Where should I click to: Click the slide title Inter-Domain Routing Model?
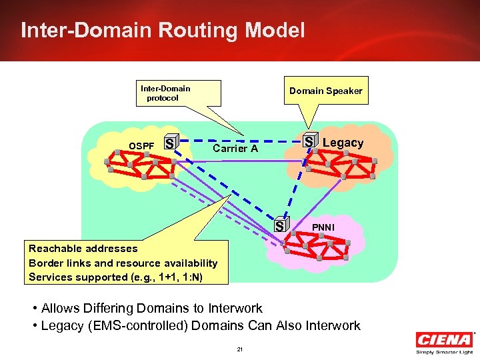coord(163,30)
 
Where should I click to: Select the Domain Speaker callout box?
coord(325,91)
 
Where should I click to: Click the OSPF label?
coord(141,145)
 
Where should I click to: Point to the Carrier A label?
coord(235,149)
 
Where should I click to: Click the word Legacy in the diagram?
coord(343,143)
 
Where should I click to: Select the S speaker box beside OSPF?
coord(171,143)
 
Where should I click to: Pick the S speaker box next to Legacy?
coord(309,141)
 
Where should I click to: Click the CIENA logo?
coord(444,339)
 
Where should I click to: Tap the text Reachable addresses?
coord(83,249)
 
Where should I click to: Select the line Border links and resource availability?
coord(123,263)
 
